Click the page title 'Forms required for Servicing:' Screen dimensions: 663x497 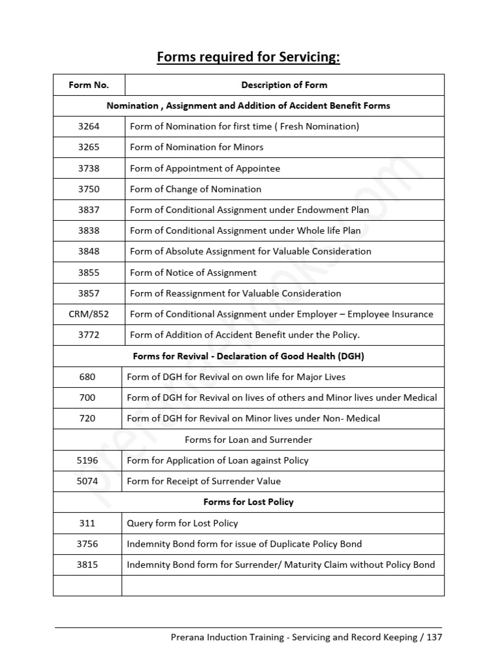click(x=248, y=58)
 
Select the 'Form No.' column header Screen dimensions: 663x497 click(x=89, y=85)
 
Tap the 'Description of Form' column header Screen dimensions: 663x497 click(x=284, y=85)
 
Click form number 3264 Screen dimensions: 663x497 click(x=89, y=126)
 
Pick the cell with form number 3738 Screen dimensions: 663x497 click(x=89, y=168)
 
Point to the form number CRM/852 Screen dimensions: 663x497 click(x=89, y=314)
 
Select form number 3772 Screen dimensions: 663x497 click(x=89, y=335)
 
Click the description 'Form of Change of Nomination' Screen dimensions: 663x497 click(x=195, y=189)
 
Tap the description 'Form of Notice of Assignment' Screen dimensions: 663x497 click(x=193, y=273)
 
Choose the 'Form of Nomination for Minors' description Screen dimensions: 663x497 click(x=197, y=147)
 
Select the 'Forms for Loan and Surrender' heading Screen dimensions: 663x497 click(x=248, y=440)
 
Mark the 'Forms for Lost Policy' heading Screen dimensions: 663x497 click(x=248, y=502)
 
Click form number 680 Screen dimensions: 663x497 click(x=87, y=377)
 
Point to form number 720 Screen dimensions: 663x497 click(x=87, y=418)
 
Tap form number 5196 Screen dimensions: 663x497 click(x=87, y=460)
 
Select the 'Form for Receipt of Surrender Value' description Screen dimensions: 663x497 click(x=204, y=481)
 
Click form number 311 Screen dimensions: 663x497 click(x=87, y=523)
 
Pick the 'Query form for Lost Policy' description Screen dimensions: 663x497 click(x=182, y=523)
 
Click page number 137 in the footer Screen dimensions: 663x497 click(x=434, y=637)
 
